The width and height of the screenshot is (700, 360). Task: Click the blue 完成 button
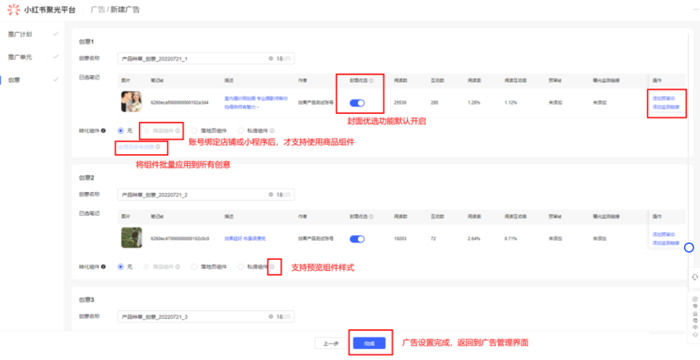click(368, 342)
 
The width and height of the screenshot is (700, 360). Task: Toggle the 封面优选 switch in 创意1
click(357, 103)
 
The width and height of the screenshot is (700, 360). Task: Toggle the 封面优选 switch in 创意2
click(357, 238)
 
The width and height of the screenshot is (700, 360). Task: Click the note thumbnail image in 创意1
click(131, 102)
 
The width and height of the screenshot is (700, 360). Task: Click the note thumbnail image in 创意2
click(131, 237)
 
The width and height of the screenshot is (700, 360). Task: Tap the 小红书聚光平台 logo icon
click(12, 9)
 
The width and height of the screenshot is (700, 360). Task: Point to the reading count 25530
click(400, 103)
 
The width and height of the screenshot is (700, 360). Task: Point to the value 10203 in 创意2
click(400, 238)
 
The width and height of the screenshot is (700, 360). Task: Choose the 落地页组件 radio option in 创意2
click(194, 267)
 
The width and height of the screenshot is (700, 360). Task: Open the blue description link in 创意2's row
click(245, 238)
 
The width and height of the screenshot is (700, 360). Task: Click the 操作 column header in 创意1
click(656, 80)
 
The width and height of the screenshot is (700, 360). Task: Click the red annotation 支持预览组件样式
click(322, 268)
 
